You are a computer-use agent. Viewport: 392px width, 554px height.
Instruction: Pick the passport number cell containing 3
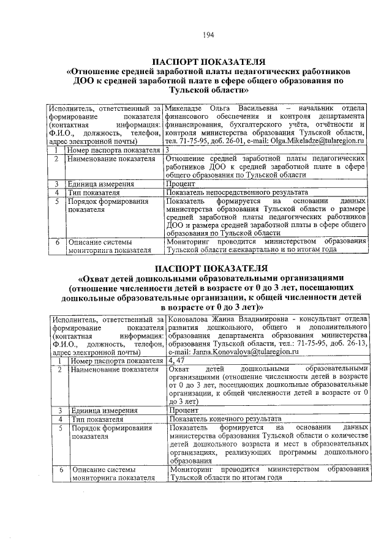click(168, 150)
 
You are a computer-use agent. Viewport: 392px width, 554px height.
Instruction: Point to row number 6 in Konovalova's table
click(59, 470)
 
